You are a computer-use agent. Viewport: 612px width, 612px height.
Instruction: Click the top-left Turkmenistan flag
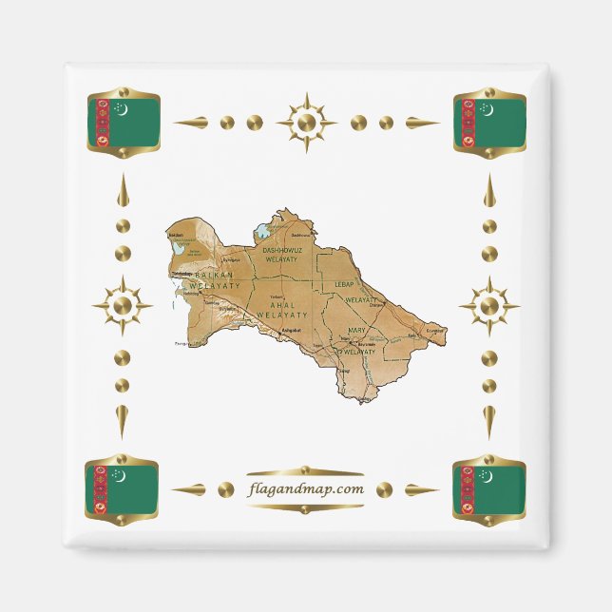tap(123, 123)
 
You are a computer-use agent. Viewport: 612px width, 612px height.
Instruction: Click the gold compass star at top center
tap(306, 123)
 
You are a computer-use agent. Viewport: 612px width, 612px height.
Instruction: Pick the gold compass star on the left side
tap(122, 306)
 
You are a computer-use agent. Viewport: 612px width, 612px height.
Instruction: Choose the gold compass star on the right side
tap(488, 306)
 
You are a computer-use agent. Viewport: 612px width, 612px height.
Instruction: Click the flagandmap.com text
tap(304, 488)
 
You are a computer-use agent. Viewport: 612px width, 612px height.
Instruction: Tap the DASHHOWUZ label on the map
tap(283, 250)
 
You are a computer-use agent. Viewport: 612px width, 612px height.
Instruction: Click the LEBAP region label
tap(343, 284)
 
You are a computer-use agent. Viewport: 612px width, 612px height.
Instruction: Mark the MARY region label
tap(357, 330)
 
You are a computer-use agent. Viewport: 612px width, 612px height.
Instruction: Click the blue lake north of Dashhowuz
tap(259, 230)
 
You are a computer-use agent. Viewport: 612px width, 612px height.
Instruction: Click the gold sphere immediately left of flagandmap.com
tap(225, 489)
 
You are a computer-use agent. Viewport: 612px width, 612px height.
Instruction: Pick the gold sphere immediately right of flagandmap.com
tap(384, 489)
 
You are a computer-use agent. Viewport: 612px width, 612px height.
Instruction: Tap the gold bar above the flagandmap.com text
tap(304, 470)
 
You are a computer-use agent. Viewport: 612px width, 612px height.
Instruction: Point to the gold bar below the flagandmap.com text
tap(304, 507)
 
